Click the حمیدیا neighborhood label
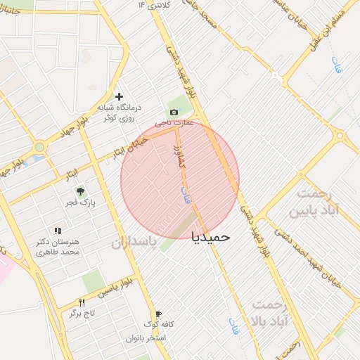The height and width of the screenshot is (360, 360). (211, 237)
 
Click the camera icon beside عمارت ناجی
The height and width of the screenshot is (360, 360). (174, 112)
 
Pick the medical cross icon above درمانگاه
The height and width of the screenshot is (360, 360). (119, 96)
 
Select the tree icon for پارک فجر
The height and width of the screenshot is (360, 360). (80, 191)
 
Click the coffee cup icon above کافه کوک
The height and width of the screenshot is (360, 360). (159, 314)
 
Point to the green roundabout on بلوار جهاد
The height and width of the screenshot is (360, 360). (40, 147)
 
